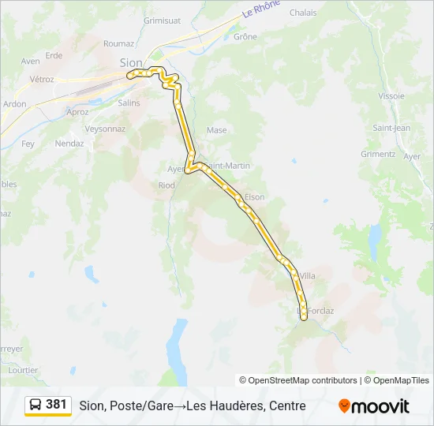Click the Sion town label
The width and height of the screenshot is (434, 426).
(131, 62)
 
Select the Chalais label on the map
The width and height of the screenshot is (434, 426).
(303, 13)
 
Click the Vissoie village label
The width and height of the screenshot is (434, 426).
(391, 95)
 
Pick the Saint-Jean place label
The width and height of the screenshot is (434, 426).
(391, 128)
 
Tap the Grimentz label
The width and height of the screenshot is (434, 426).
(378, 154)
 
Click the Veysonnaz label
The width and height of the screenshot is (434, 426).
(105, 128)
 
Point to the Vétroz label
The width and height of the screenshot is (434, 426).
(42, 79)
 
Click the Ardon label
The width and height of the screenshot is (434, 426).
(14, 103)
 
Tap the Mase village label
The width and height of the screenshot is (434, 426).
(216, 130)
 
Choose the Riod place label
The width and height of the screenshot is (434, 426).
(166, 185)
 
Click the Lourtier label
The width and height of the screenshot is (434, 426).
(22, 369)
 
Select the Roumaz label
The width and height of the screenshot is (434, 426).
(118, 44)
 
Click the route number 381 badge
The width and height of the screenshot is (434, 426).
(56, 404)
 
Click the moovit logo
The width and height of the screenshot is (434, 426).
(374, 405)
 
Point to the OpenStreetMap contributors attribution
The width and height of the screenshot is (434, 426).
(298, 380)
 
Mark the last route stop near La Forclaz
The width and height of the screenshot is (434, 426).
(304, 317)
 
